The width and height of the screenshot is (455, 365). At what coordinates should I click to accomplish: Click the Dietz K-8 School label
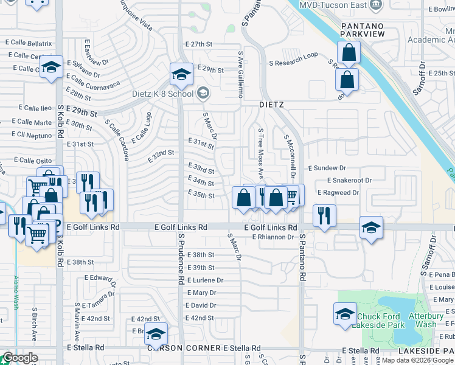coord(163,94)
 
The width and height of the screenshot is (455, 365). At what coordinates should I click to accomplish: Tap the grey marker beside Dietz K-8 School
coord(203,93)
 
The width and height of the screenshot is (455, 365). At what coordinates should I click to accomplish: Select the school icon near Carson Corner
coord(156,333)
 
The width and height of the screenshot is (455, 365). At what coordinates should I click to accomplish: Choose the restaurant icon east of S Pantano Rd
coord(324,215)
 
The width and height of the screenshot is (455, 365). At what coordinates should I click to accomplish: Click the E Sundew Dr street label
coord(327,167)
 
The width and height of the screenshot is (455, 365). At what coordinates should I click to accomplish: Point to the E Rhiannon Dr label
coord(273,237)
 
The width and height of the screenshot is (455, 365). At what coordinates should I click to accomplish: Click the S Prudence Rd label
coord(181,259)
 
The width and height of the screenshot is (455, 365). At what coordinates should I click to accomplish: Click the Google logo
coord(19,358)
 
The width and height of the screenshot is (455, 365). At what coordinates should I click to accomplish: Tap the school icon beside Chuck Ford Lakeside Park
coord(345,315)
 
